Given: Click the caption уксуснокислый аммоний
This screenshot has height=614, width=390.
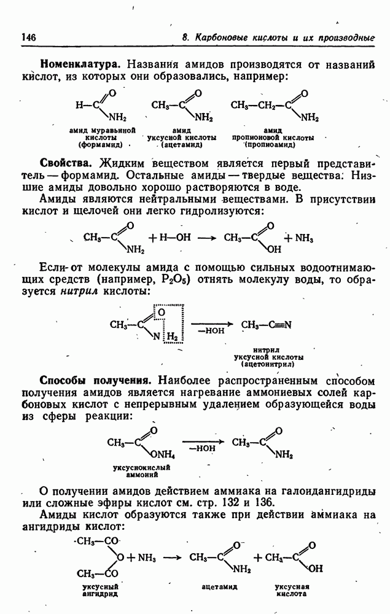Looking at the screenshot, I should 140,471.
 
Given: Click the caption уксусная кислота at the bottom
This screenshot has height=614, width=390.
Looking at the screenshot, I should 291,590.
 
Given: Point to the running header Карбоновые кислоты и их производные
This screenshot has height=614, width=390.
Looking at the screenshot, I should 284,38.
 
